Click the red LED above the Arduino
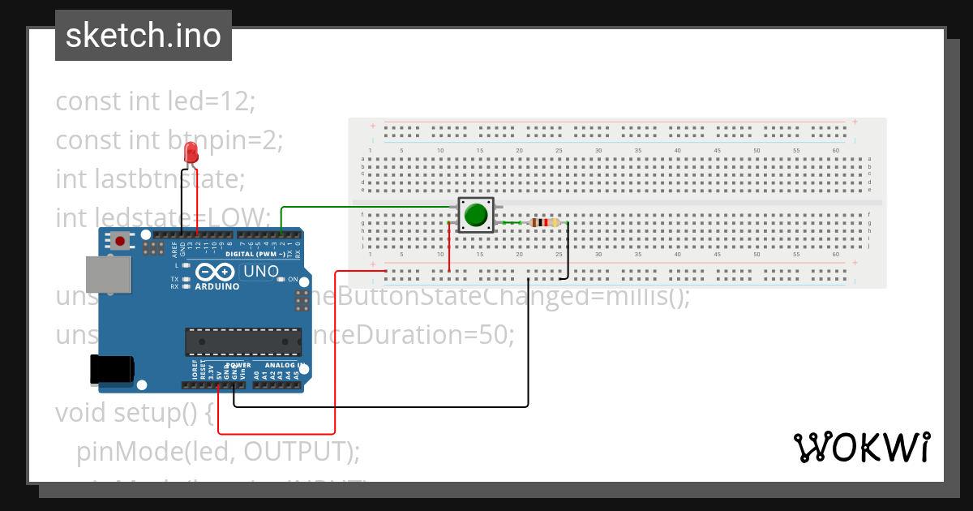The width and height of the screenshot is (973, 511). (x=191, y=152)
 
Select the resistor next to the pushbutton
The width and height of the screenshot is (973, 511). (x=542, y=223)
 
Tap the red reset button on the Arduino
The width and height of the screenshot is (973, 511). (x=121, y=240)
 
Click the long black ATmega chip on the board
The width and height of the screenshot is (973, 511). (x=243, y=341)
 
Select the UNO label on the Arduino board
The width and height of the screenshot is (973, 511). (x=261, y=272)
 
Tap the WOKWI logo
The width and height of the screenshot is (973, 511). (x=860, y=447)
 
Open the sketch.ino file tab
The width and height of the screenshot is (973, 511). (x=144, y=36)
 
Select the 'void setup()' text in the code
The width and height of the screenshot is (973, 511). (x=134, y=412)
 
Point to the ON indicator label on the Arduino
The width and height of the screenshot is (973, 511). (x=293, y=279)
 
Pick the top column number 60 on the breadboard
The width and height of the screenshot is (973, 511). (x=836, y=150)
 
